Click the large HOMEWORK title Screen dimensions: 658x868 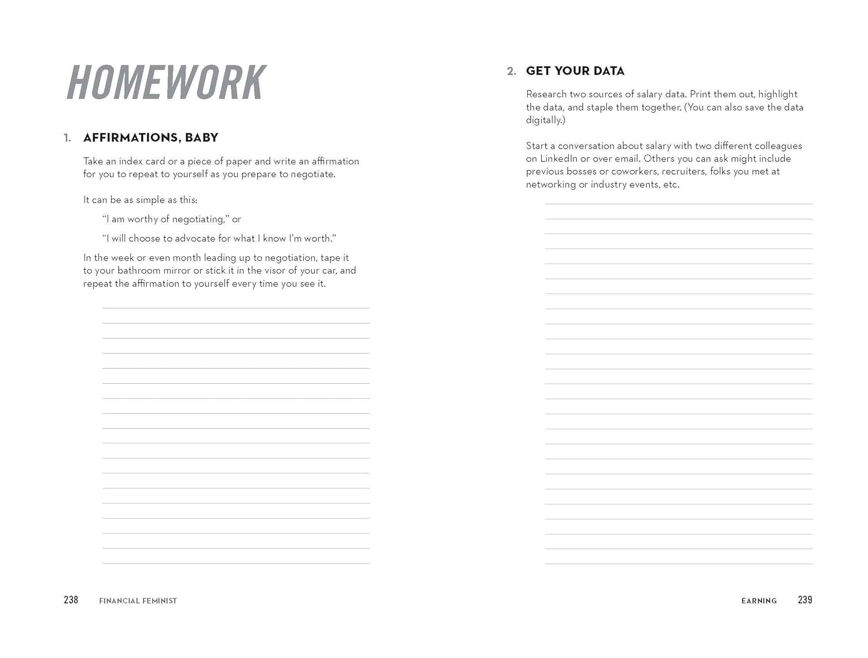pyautogui.click(x=166, y=82)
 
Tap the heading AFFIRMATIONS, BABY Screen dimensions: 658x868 pyautogui.click(x=150, y=138)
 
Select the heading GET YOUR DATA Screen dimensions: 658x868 pyautogui.click(x=575, y=71)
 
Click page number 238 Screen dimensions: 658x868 pyautogui.click(x=71, y=600)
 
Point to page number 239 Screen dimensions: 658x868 pyautogui.click(x=804, y=600)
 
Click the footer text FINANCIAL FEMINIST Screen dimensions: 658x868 pyautogui.click(x=138, y=601)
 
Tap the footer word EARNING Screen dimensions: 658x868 pyautogui.click(x=759, y=601)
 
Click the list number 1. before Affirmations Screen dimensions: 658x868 pyautogui.click(x=68, y=138)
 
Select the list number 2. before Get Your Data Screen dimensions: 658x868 pyautogui.click(x=511, y=72)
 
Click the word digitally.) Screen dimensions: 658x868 pyautogui.click(x=545, y=120)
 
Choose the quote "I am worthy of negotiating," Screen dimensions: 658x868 pyautogui.click(x=165, y=219)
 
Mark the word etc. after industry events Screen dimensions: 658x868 pyautogui.click(x=671, y=185)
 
